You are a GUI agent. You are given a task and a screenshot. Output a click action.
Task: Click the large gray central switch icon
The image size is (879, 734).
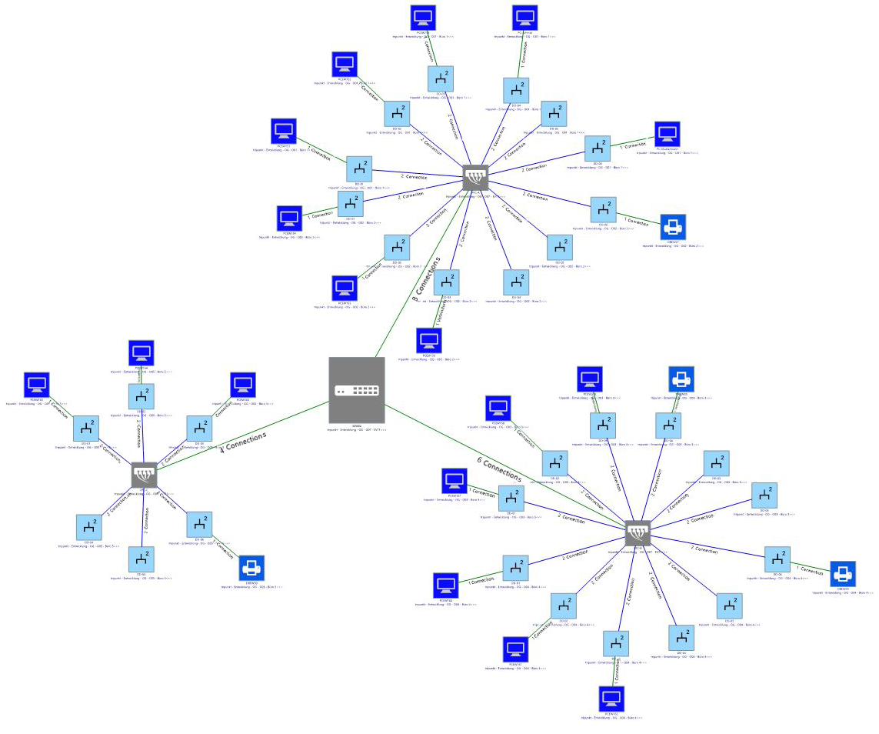357,390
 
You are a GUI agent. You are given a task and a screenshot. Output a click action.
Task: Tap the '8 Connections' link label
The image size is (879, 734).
427,279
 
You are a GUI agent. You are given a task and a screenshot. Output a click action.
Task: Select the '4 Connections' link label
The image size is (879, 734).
243,442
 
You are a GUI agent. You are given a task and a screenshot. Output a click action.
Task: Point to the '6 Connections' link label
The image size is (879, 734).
499,470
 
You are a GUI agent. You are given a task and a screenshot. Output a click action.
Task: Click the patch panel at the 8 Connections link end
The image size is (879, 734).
476,178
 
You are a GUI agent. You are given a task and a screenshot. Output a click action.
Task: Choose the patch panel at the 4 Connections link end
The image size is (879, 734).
144,475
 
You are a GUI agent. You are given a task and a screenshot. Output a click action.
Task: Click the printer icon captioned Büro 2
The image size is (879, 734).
673,227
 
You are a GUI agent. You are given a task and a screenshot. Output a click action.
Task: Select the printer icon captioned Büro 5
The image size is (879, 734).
251,568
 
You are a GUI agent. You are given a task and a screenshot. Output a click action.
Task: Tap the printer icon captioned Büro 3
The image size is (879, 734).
681,379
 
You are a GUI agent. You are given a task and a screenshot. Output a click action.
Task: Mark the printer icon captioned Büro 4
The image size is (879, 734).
843,573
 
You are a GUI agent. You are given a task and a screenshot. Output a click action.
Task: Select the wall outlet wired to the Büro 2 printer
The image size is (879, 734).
603,209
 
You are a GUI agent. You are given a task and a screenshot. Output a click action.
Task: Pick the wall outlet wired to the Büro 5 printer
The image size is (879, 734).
200,525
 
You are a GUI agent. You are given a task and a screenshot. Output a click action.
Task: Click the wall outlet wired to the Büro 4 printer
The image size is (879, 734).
777,559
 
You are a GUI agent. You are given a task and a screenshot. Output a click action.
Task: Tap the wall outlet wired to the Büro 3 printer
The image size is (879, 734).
668,425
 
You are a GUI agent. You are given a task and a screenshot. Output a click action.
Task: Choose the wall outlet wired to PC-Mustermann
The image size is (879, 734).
597,148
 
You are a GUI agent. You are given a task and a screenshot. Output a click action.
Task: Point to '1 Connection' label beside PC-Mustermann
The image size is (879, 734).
635,143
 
